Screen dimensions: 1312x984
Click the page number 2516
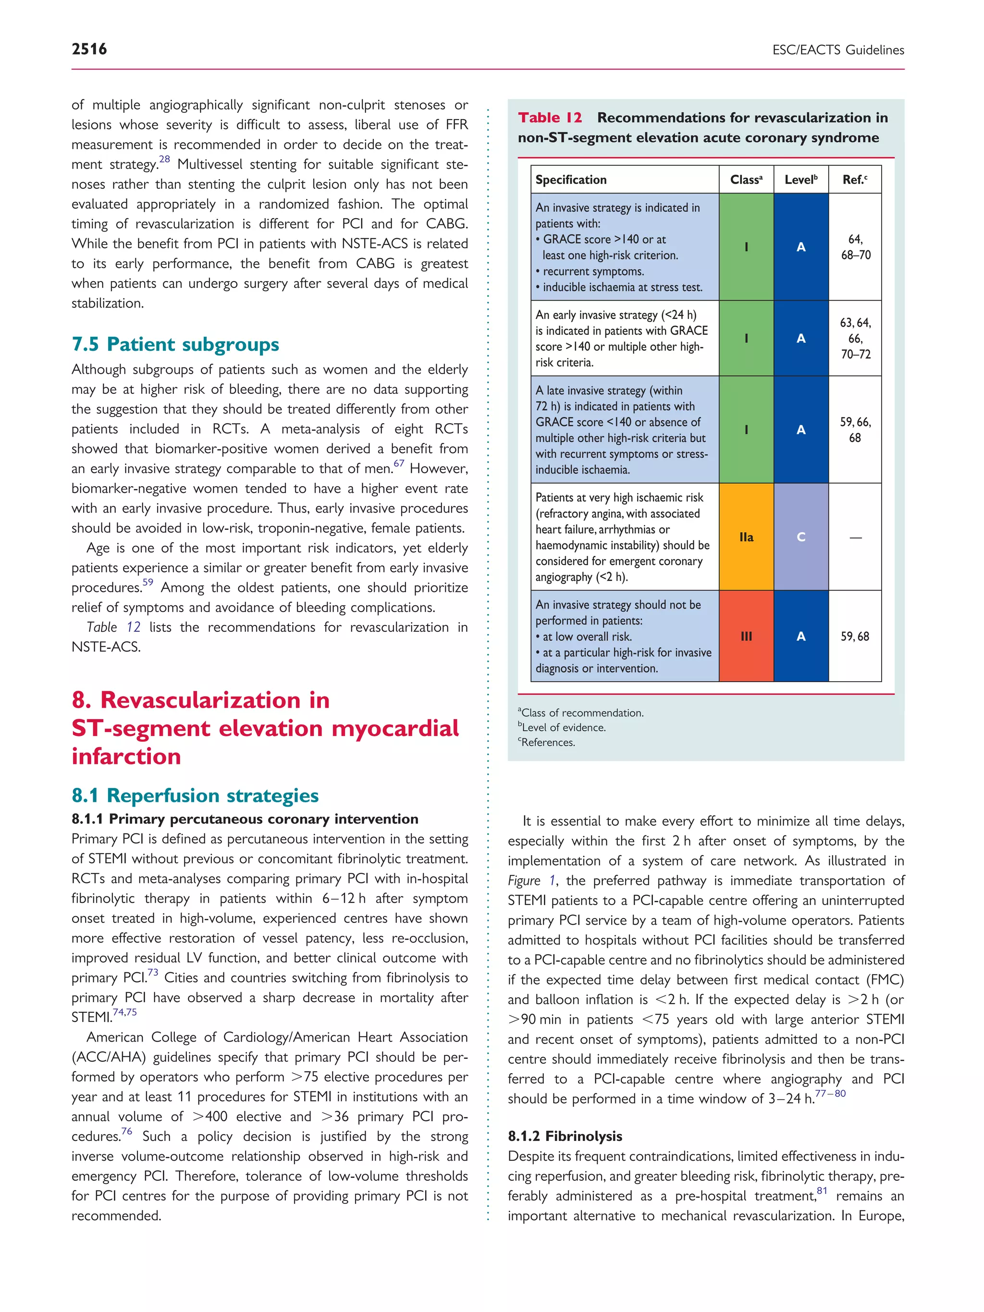point(89,49)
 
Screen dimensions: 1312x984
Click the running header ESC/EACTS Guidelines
point(837,50)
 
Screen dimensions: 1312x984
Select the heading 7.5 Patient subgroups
point(175,344)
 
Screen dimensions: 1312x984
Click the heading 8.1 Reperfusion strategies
point(195,795)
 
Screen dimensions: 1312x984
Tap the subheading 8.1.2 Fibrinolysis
point(564,1136)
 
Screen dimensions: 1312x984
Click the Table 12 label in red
point(549,117)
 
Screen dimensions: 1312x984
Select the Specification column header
point(571,180)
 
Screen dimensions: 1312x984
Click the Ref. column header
point(854,180)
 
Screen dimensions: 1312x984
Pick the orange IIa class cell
point(746,537)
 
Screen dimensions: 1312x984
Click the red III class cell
point(746,636)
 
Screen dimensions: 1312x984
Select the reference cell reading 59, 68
point(854,637)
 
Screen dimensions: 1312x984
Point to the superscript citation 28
point(164,159)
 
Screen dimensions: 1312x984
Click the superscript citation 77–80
point(830,1093)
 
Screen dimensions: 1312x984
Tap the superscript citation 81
point(822,1190)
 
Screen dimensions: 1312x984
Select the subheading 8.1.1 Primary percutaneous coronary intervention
point(245,819)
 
